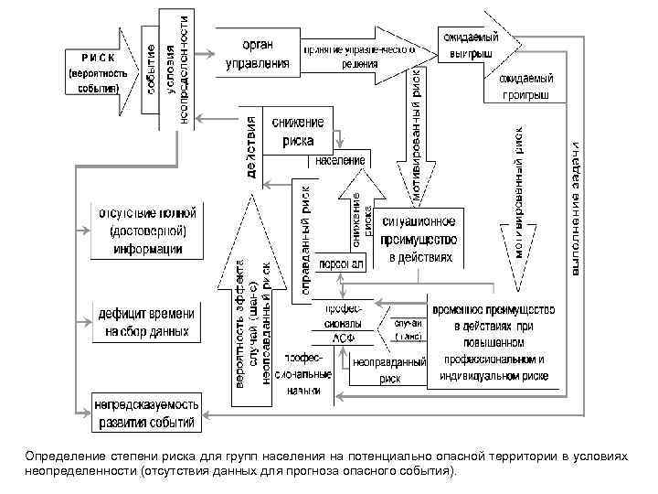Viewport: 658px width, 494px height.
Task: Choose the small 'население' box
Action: tap(342, 161)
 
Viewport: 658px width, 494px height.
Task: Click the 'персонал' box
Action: tap(342, 263)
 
